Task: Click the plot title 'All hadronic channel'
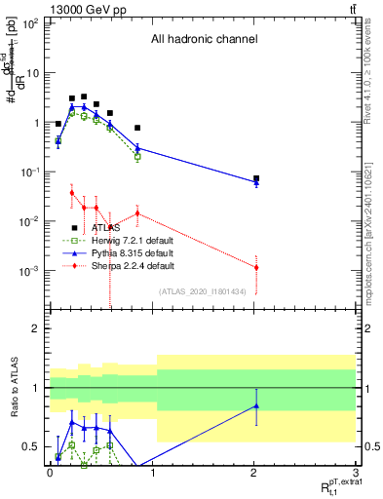pyautogui.click(x=204, y=40)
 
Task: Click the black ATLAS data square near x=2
pyautogui.click(x=256, y=179)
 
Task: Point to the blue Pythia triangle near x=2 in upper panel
pyautogui.click(x=256, y=182)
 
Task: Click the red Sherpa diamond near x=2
pyautogui.click(x=256, y=267)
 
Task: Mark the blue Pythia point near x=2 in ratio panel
pyautogui.click(x=256, y=405)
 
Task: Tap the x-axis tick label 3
pyautogui.click(x=356, y=471)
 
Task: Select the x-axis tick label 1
pyautogui.click(x=152, y=471)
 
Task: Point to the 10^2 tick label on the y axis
pyautogui.click(x=29, y=23)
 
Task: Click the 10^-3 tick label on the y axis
pyautogui.click(x=29, y=271)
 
